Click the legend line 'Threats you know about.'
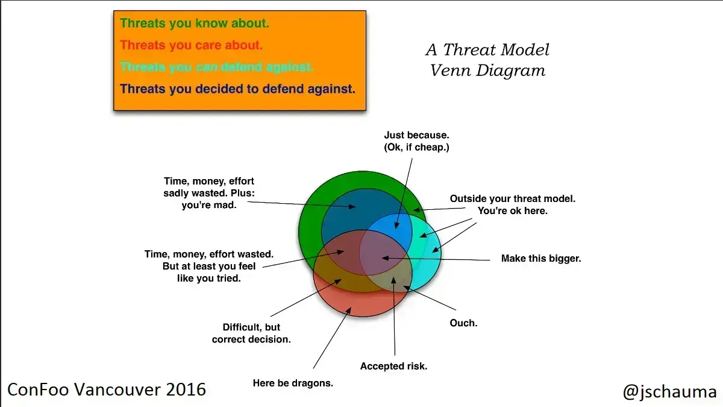194,24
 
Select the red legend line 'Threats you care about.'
191,45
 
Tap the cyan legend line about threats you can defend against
216,67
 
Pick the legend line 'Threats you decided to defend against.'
237,89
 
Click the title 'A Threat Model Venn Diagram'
487,60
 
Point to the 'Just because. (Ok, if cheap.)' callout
416,141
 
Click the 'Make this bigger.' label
541,259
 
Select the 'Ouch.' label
463,323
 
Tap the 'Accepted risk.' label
393,366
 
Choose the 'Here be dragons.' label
293,383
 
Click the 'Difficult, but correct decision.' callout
251,333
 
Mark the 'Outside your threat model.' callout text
513,198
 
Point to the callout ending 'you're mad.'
209,193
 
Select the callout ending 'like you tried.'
209,266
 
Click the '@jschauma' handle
670,391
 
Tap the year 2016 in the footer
186,390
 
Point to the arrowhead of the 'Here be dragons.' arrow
349,310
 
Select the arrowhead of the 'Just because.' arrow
396,225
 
